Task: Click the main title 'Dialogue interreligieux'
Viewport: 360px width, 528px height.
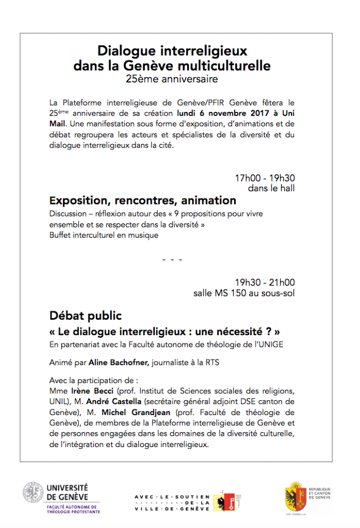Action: tap(172, 51)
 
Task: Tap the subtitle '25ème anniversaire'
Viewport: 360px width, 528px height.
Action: tap(172, 79)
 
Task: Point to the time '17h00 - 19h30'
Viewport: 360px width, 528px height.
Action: tap(265, 178)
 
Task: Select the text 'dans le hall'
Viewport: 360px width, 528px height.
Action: tap(271, 188)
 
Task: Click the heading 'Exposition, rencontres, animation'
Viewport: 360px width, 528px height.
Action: tap(143, 200)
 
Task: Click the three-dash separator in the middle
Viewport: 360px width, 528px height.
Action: tap(172, 259)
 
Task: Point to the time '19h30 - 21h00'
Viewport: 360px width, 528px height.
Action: tap(265, 283)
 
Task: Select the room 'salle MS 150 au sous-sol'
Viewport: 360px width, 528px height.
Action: tap(244, 293)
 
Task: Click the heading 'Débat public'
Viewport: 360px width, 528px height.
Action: tap(86, 315)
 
